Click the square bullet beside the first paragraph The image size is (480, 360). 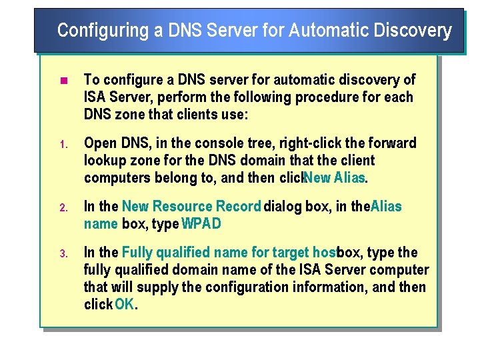click(x=63, y=81)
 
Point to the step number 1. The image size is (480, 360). click(x=62, y=144)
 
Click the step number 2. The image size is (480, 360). click(x=62, y=207)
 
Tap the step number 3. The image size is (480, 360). click(x=62, y=253)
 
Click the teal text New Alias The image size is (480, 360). click(x=335, y=178)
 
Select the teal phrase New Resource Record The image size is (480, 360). click(x=191, y=207)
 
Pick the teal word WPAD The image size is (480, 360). click(x=201, y=224)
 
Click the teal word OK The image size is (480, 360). click(x=125, y=305)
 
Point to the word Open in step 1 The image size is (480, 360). click(x=101, y=143)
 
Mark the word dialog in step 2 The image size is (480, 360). click(x=283, y=207)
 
